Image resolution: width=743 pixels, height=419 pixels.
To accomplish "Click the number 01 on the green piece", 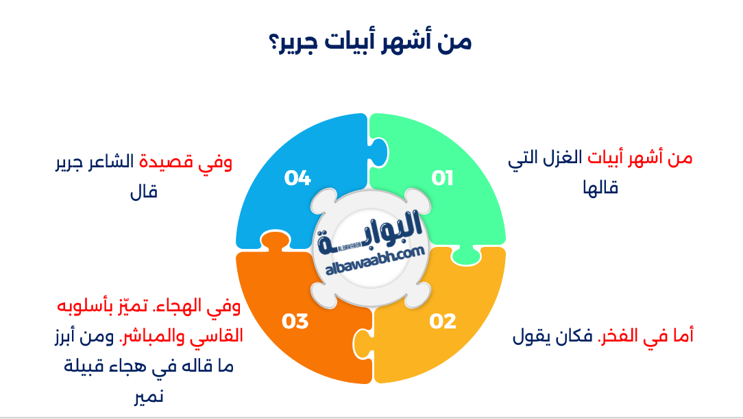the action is coord(442,178).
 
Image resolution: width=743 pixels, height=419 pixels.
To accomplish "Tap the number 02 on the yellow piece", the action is coord(443,321).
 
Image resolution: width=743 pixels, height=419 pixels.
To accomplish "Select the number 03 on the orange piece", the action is coord(295,321).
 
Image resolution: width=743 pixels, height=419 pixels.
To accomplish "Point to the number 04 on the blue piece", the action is coord(297,178).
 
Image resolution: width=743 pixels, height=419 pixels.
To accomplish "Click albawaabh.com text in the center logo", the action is coord(375,260).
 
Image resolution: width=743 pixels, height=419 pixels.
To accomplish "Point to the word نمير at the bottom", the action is coord(149,396).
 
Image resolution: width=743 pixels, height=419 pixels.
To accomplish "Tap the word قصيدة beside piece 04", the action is coord(166,162).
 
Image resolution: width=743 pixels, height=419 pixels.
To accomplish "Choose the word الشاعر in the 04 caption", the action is coord(113,162).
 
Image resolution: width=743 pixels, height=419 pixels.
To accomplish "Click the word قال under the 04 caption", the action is coord(143,192).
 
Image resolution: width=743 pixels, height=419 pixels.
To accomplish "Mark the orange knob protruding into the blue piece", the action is coord(275,241).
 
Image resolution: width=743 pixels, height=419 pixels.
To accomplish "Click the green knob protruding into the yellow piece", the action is coord(466,256).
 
